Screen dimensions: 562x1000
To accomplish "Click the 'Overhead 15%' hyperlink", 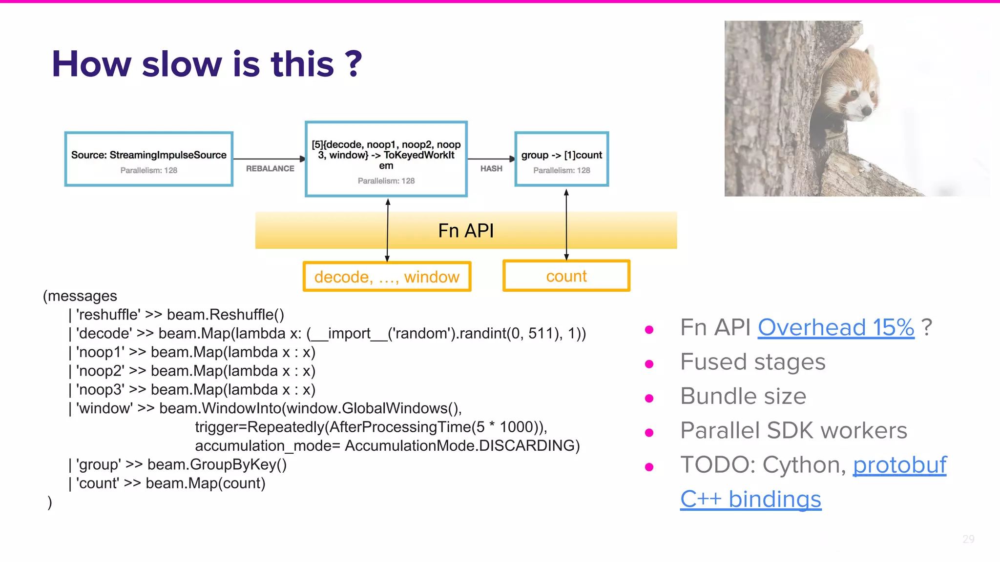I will [x=835, y=327].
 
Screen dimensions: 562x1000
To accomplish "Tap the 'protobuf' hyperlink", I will [x=899, y=465].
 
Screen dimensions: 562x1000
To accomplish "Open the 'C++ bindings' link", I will [x=750, y=499].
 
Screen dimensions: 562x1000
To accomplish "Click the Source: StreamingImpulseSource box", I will [x=148, y=159].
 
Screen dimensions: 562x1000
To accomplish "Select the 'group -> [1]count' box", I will [x=562, y=159].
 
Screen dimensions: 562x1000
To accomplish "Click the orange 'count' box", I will [x=566, y=276].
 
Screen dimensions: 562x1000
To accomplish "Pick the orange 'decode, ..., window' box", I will [x=387, y=277].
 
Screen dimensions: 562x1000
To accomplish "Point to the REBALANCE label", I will [x=270, y=169].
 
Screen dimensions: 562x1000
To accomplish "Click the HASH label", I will [x=491, y=169].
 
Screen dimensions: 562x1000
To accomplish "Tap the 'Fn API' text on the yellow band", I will [x=466, y=231].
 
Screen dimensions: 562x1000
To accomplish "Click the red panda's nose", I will [x=867, y=112].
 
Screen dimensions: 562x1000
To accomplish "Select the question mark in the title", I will [x=353, y=64].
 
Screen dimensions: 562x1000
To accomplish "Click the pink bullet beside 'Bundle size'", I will [x=649, y=398].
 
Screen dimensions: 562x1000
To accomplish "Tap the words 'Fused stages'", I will [x=752, y=362].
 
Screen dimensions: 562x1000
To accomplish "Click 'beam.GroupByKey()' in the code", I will [x=217, y=464].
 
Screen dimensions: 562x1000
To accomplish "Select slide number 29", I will [x=968, y=539].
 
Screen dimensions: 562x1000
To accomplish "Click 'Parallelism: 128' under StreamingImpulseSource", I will [x=148, y=170].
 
